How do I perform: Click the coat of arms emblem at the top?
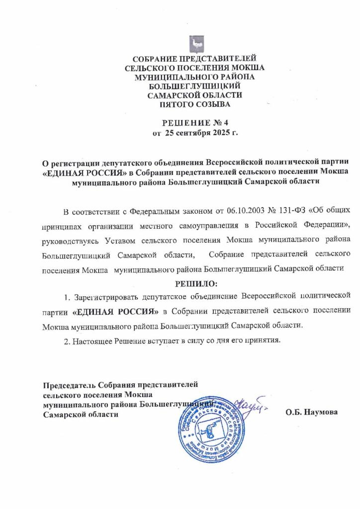tap(197, 43)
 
